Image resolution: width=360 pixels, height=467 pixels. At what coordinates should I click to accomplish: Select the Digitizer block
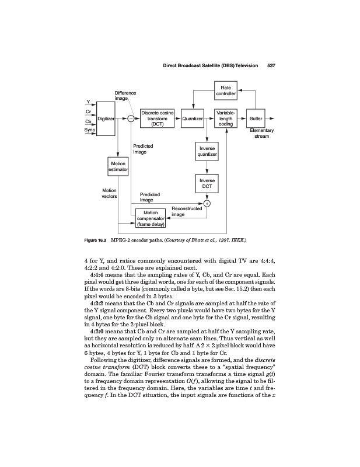[x=106, y=119]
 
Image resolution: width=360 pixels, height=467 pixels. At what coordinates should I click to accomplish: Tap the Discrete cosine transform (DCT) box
[x=158, y=119]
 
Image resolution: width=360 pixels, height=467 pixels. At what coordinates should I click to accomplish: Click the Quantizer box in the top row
[x=193, y=119]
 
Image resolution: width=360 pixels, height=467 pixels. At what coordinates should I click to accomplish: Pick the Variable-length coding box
[x=225, y=119]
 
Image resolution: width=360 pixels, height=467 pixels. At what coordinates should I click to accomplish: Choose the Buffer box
[x=256, y=119]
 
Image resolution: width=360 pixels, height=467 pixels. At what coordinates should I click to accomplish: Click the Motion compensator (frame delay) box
[x=151, y=218]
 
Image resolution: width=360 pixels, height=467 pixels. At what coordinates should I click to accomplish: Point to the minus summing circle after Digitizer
[x=131, y=119]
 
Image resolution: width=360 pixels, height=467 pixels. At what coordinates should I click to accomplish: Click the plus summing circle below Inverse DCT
[x=207, y=203]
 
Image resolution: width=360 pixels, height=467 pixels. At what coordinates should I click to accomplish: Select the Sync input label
[x=89, y=130]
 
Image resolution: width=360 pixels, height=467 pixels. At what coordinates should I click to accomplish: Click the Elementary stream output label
[x=261, y=134]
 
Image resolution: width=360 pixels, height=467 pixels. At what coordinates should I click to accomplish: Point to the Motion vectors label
[x=109, y=193]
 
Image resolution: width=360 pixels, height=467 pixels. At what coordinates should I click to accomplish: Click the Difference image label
[x=125, y=95]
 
